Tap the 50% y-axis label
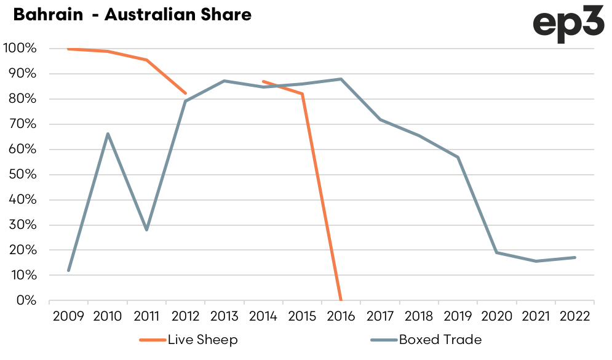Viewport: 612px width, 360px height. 22,175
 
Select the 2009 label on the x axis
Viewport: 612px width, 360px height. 68,316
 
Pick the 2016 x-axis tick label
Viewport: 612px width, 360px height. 341,316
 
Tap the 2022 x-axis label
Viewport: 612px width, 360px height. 574,316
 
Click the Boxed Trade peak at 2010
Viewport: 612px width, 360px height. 108,134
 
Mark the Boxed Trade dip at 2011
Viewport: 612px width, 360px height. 146,230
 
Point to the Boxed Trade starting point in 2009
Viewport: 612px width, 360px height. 68,270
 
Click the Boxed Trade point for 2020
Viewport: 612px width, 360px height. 497,252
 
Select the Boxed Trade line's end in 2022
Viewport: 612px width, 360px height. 574,257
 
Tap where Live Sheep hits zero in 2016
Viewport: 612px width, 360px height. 340,300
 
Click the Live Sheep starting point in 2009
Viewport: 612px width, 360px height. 68,49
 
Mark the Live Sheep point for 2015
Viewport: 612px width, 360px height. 302,94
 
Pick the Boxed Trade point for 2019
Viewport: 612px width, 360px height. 458,157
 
